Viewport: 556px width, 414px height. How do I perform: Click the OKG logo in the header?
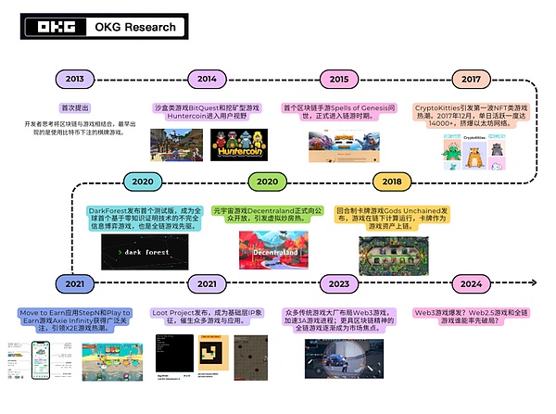tap(53, 27)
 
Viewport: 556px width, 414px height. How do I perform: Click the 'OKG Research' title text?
tap(135, 27)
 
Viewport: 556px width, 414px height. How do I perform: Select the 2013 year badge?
tap(76, 79)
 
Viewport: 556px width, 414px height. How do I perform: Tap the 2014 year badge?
tap(208, 79)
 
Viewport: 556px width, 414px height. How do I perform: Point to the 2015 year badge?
tap(339, 79)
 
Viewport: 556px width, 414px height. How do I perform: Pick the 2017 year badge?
tap(473, 79)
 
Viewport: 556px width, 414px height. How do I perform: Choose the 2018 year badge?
tap(393, 182)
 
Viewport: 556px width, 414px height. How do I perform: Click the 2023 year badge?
tap(339, 283)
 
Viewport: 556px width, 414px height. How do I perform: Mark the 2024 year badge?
tap(472, 283)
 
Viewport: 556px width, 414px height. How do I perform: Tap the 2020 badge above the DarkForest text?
tap(143, 182)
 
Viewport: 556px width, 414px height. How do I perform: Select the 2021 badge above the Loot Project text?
tap(208, 283)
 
